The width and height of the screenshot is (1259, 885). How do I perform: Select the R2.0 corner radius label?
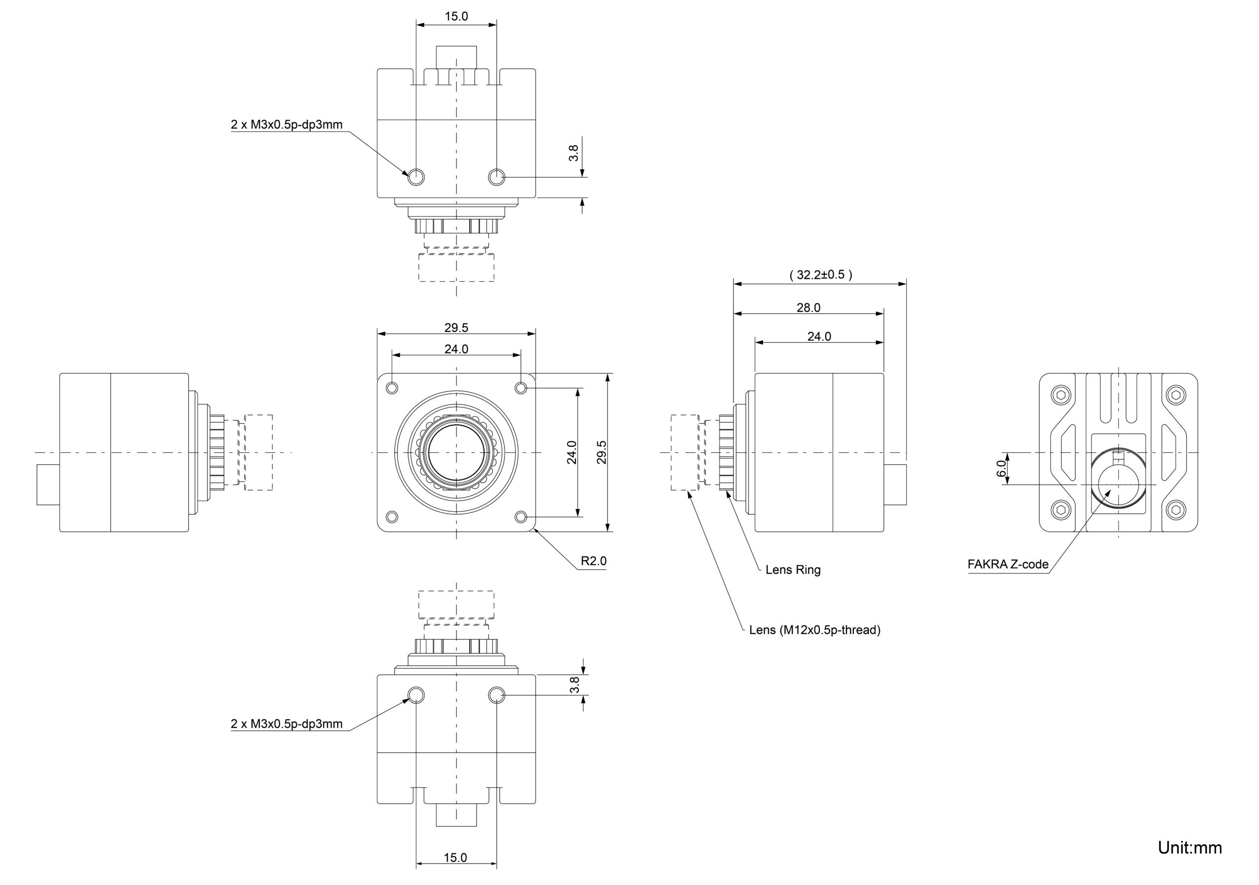click(x=593, y=561)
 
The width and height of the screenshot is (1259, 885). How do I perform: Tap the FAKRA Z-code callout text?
click(x=1008, y=564)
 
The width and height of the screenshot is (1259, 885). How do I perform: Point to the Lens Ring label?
click(x=792, y=570)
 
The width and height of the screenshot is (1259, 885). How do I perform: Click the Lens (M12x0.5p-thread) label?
click(x=814, y=630)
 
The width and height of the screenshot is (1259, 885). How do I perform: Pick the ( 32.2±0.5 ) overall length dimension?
click(x=820, y=275)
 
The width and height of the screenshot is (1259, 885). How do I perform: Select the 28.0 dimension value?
click(x=808, y=308)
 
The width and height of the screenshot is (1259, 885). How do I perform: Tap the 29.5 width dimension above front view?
click(x=456, y=328)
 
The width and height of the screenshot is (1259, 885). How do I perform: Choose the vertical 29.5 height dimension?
click(x=601, y=452)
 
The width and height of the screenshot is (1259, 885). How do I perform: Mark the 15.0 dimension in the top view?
click(x=456, y=16)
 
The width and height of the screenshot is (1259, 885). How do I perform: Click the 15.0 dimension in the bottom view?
click(x=455, y=857)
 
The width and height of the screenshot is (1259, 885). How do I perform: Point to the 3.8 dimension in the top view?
click(x=573, y=153)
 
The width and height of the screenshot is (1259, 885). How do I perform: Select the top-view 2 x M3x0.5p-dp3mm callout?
click(x=286, y=125)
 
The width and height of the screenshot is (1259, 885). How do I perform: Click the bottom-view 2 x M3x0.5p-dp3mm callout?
click(x=286, y=724)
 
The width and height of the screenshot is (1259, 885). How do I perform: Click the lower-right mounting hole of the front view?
click(x=521, y=517)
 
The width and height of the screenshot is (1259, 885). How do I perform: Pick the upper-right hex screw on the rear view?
click(x=1176, y=395)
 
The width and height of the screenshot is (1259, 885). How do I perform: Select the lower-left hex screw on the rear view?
click(x=1061, y=510)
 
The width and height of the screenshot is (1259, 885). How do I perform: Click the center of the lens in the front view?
click(x=456, y=452)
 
